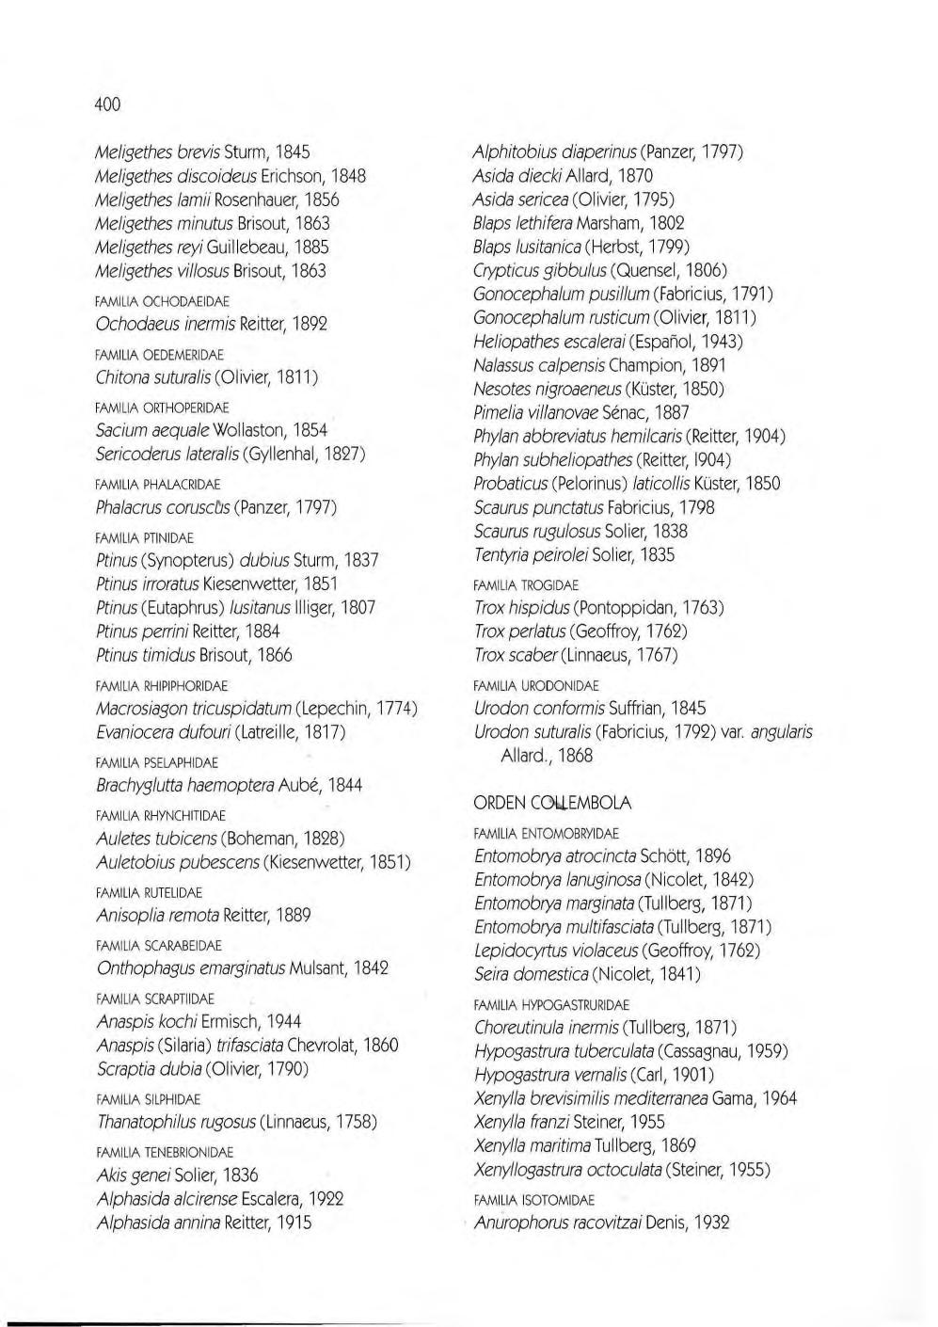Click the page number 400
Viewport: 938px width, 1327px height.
[108, 104]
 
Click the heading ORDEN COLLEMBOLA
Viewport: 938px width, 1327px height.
[552, 803]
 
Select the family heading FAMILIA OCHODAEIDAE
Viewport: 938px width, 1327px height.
[163, 301]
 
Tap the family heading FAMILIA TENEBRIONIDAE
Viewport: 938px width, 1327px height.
[165, 1152]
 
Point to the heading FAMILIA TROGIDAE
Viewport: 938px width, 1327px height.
[526, 584]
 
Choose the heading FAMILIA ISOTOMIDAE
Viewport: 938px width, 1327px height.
[533, 1200]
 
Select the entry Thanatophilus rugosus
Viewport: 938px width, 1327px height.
[175, 1122]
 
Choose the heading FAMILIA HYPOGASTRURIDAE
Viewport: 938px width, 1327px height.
[551, 1005]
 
